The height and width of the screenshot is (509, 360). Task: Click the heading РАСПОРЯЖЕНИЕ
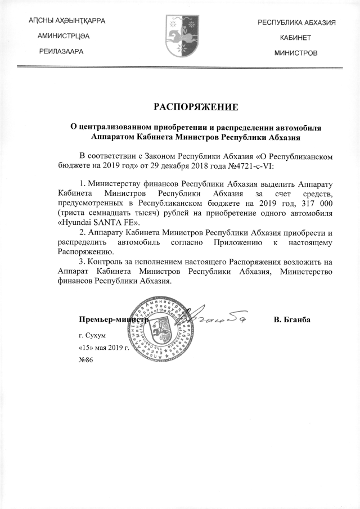[196, 106]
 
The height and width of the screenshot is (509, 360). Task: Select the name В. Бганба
[292, 320]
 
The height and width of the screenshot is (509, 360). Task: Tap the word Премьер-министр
[111, 320]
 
